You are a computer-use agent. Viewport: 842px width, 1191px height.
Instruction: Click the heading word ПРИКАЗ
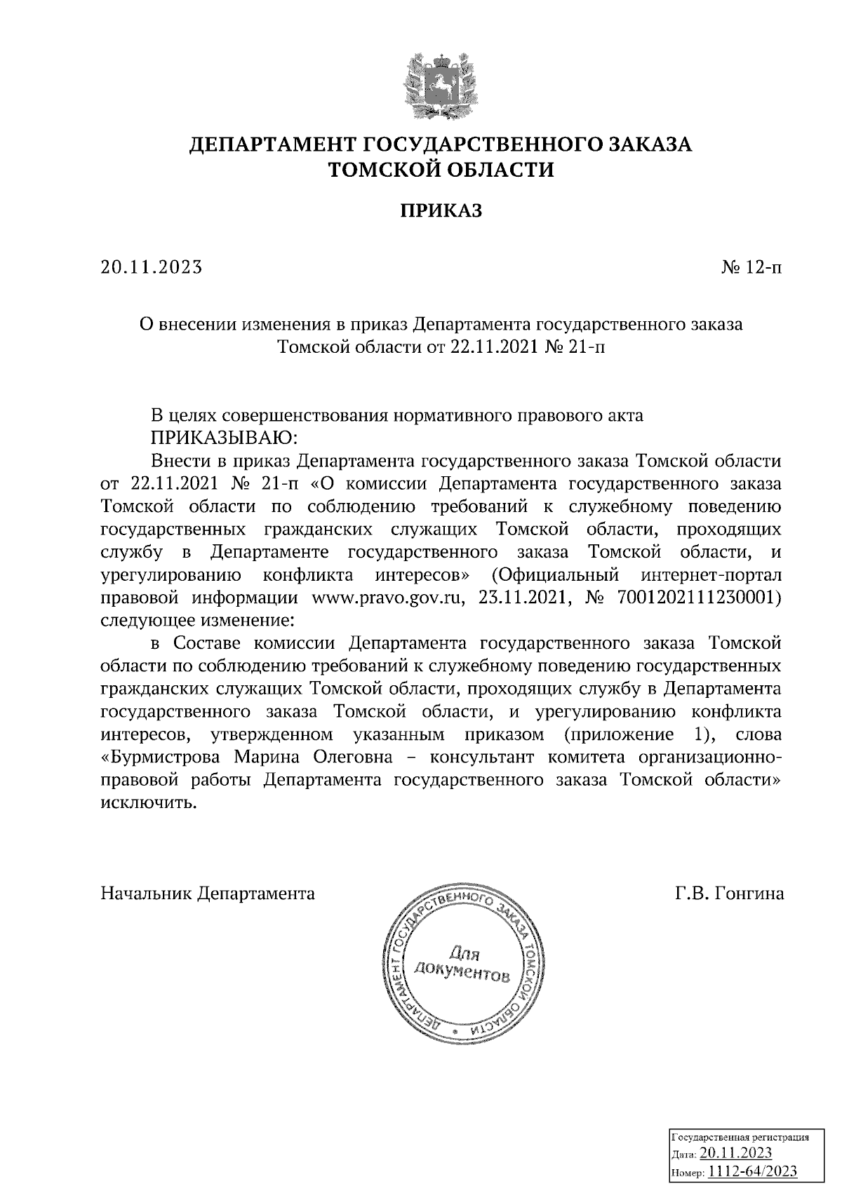tap(441, 211)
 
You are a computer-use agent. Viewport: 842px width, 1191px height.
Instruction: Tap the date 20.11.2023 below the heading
tap(152, 267)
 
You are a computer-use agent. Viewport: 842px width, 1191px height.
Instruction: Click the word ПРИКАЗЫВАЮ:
tap(224, 438)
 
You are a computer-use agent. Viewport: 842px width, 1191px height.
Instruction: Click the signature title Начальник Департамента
tap(208, 893)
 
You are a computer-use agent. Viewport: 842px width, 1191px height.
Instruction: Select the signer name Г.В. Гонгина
tap(729, 893)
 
